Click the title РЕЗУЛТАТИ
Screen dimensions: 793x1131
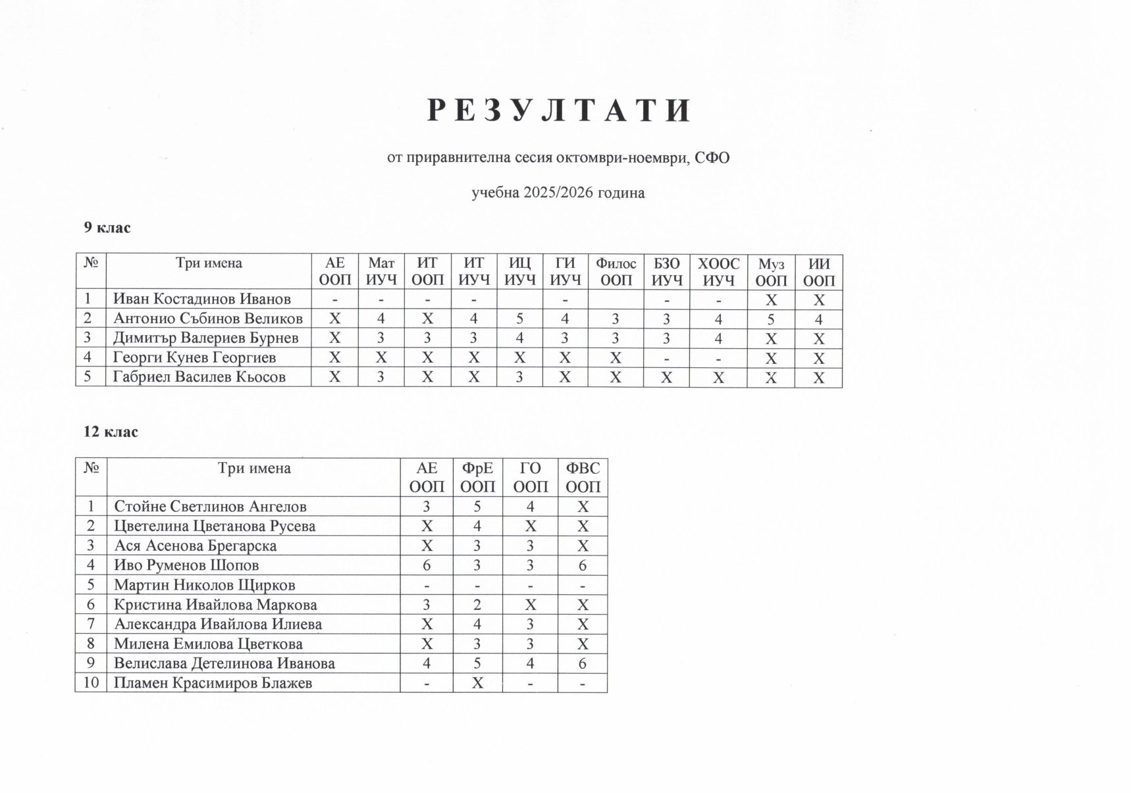559,111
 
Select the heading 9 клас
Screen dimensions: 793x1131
107,228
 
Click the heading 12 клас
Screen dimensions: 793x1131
111,432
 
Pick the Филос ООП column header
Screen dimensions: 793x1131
616,272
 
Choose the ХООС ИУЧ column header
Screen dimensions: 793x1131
718,272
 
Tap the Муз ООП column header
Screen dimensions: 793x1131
771,272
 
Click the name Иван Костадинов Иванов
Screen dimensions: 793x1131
202,299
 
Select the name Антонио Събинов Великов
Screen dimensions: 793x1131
208,319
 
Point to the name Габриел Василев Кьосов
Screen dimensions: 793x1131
199,377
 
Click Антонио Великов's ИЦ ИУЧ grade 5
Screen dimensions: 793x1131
519,319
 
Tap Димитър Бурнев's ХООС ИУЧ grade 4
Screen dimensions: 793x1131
718,339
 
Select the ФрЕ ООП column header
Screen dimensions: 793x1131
477,477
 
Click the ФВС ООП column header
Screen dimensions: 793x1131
583,477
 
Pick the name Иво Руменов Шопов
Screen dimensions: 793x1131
186,565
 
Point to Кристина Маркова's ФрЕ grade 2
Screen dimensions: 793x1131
477,605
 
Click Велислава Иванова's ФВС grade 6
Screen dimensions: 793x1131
583,663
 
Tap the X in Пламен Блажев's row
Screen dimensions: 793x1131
477,683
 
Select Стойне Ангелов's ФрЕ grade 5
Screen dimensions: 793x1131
477,507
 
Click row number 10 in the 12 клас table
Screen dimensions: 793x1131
91,683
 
